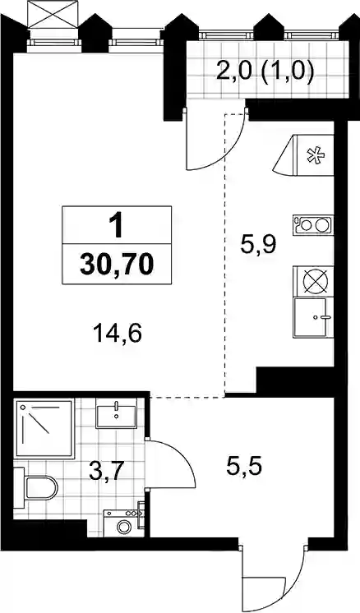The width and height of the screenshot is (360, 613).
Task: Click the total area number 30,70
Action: [117, 265]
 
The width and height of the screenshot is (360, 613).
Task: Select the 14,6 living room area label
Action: [117, 334]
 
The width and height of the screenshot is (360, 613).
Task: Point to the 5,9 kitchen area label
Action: [258, 246]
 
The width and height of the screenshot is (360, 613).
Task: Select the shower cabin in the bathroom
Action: [44, 428]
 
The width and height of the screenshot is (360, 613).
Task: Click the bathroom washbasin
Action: [117, 415]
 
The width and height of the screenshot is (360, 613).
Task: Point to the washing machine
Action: [124, 523]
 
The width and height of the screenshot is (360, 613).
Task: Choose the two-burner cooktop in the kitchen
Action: [312, 225]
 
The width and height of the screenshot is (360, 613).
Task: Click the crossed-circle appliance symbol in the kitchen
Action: [316, 282]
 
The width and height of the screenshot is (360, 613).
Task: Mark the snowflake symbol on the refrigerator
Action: [315, 155]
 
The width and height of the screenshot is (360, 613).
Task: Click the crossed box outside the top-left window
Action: [53, 15]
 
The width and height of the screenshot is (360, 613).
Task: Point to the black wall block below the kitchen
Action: [295, 381]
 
